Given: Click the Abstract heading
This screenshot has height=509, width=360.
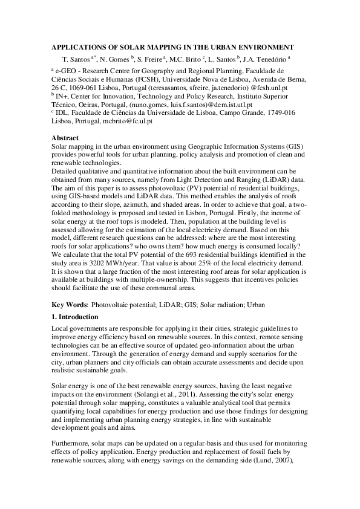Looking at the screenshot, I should point(66,138).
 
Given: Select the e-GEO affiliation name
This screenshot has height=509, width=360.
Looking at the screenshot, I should point(67,70).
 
